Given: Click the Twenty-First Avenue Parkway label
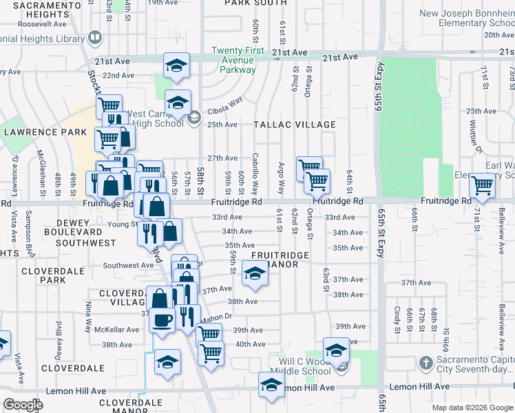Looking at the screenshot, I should (233, 60).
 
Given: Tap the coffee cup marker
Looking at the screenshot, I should (162, 319).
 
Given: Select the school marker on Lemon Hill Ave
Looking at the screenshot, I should (271, 384).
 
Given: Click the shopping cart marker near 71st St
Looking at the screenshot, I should (483, 184).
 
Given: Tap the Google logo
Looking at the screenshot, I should (22, 404).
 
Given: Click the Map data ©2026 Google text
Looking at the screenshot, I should (473, 407).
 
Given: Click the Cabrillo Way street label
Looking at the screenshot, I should (255, 173).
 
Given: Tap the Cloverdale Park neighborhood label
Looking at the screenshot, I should (43, 275).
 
